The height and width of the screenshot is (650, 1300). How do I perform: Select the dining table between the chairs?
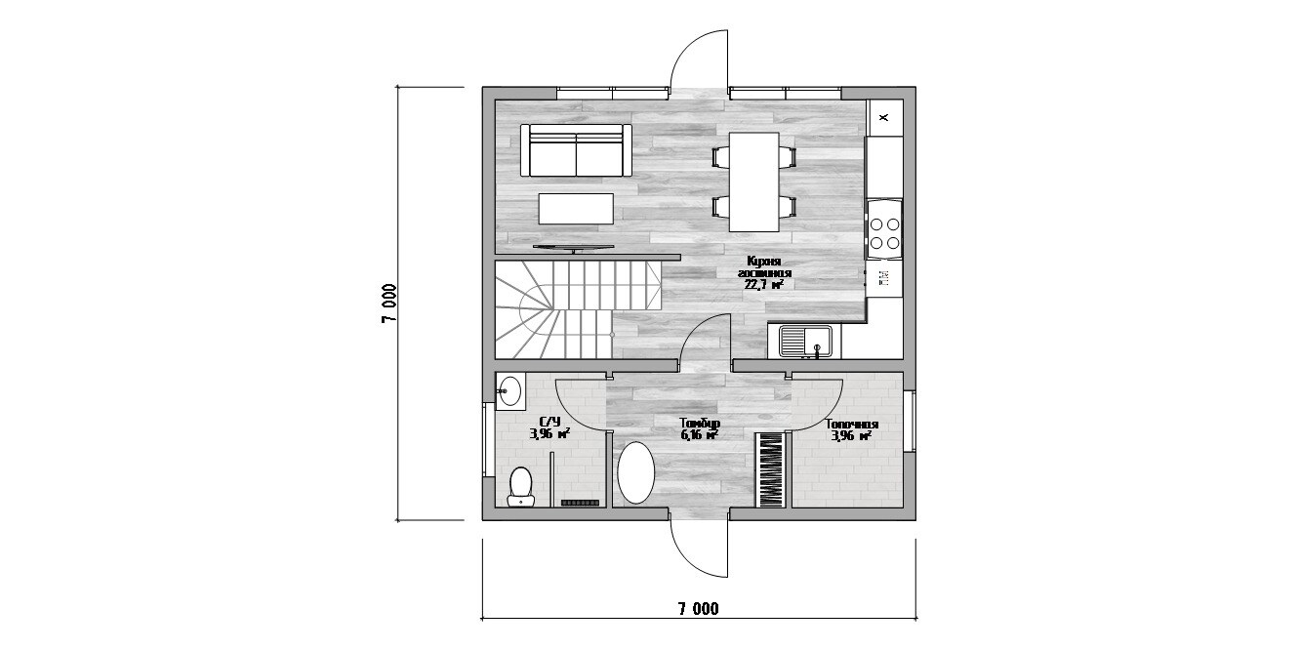pyautogui.click(x=753, y=182)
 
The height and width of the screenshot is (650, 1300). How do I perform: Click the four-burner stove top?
pyautogui.click(x=884, y=232)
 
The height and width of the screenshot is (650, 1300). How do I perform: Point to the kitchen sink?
pyautogui.click(x=805, y=341)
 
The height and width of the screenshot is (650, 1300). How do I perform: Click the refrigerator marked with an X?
pyautogui.click(x=884, y=118)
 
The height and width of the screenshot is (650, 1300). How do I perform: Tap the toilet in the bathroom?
pyautogui.click(x=115, y=486)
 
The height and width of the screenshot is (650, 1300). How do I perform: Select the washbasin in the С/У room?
pyautogui.click(x=104, y=390)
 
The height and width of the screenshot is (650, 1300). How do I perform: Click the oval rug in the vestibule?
pyautogui.click(x=636, y=472)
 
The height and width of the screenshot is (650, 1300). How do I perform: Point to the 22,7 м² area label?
pyautogui.click(x=764, y=284)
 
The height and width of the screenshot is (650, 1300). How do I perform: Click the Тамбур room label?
pyautogui.click(x=700, y=424)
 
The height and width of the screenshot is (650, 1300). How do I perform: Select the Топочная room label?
pyautogui.click(x=852, y=425)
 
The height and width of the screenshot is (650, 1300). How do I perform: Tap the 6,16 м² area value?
pyautogui.click(x=700, y=435)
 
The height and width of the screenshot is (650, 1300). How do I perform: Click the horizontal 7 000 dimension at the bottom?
pyautogui.click(x=698, y=609)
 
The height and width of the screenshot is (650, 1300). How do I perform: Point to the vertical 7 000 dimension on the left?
pyautogui.click(x=389, y=304)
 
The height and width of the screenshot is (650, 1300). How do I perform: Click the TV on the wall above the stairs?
pyautogui.click(x=167, y=248)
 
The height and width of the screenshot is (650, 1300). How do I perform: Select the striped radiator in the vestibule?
pyautogui.click(x=771, y=470)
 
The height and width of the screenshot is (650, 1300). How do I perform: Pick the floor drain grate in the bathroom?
pyautogui.click(x=580, y=503)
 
